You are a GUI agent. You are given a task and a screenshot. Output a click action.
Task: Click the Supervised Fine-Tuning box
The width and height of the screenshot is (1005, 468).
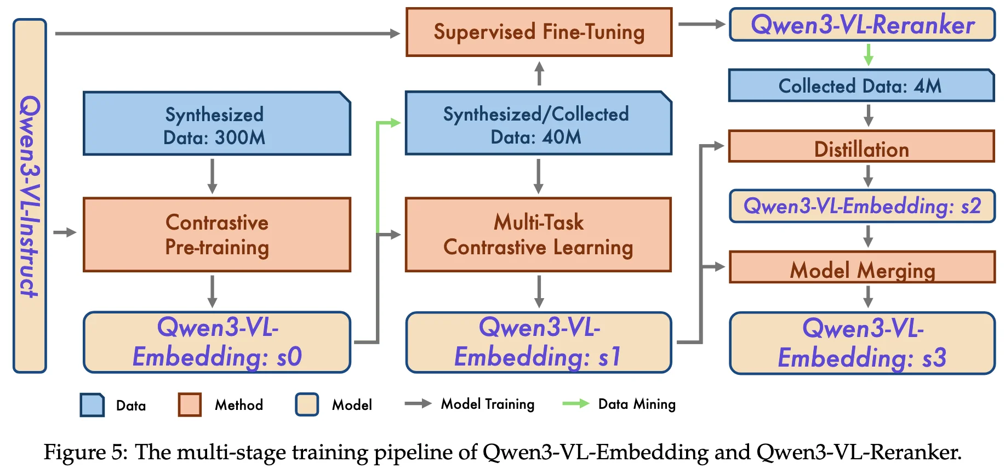pyautogui.click(x=539, y=32)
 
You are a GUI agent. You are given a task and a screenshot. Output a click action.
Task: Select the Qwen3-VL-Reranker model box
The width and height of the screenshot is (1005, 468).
pyautogui.click(x=862, y=25)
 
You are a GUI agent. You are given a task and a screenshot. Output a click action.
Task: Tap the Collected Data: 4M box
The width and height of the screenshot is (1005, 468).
pyautogui.click(x=861, y=85)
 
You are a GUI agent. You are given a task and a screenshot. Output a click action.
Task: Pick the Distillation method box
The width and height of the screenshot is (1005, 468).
pyautogui.click(x=861, y=147)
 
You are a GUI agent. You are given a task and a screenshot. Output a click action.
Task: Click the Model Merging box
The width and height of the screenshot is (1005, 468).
pyautogui.click(x=862, y=267)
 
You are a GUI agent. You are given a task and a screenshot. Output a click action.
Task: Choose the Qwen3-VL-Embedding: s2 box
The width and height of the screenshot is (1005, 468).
pyautogui.click(x=862, y=206)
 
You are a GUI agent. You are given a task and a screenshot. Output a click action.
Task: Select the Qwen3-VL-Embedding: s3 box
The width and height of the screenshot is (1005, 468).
pyautogui.click(x=862, y=343)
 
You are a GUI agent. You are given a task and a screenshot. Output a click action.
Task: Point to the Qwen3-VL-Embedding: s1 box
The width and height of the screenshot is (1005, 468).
pyautogui.click(x=539, y=343)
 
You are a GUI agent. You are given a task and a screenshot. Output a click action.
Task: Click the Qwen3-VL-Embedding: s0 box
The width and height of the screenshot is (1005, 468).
pyautogui.click(x=217, y=343)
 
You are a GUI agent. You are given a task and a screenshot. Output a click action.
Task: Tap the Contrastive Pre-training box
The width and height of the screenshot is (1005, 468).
pyautogui.click(x=217, y=235)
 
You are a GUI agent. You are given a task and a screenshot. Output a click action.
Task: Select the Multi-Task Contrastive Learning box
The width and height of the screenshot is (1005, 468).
pyautogui.click(x=538, y=235)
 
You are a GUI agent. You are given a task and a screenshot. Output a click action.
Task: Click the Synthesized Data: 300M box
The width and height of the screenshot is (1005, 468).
pyautogui.click(x=217, y=124)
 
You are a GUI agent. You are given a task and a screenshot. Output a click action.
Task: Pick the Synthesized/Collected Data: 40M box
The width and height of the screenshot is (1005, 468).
pyautogui.click(x=538, y=124)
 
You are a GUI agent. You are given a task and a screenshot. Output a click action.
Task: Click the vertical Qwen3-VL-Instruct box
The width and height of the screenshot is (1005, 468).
pyautogui.click(x=30, y=196)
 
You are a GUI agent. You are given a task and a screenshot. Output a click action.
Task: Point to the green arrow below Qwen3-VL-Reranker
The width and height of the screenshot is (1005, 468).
pyautogui.click(x=868, y=54)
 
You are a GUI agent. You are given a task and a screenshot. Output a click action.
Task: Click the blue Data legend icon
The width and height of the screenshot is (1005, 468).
pyautogui.click(x=92, y=405)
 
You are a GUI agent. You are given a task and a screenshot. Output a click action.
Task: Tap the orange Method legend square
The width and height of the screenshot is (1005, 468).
pyautogui.click(x=190, y=404)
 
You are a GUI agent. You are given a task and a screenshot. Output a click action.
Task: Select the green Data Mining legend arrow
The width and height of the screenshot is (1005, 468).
pyautogui.click(x=576, y=404)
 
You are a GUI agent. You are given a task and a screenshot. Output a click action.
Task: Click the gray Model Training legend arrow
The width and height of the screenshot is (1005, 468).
pyautogui.click(x=418, y=404)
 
